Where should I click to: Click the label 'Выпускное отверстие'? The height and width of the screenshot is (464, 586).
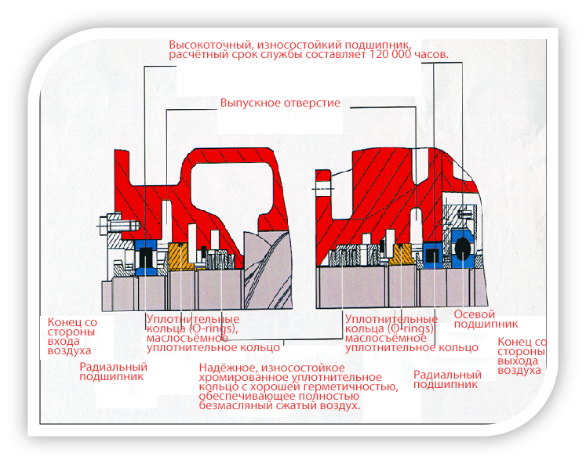pos(280,103)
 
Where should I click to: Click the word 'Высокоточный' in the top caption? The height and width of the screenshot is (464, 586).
pos(205,44)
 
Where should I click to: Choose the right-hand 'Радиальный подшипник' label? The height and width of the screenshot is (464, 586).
pos(447,379)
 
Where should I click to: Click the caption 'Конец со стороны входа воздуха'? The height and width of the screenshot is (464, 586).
pos(73,335)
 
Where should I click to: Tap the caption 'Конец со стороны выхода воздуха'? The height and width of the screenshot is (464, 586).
pos(522,357)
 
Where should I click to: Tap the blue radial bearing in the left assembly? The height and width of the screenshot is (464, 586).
pos(145,257)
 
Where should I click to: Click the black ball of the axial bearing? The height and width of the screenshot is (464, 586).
pos(462,248)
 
